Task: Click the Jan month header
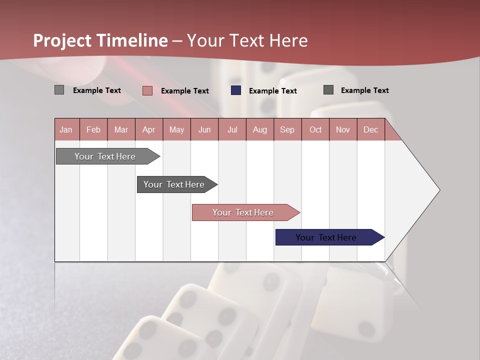(66, 129)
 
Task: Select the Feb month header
(93, 129)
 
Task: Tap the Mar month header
(121, 129)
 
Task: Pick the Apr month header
(149, 129)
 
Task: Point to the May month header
(176, 129)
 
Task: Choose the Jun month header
(204, 129)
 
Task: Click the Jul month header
(232, 129)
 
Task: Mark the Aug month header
(260, 129)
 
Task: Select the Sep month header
(287, 129)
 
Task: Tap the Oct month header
(315, 129)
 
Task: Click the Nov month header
(343, 129)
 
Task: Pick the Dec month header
(371, 129)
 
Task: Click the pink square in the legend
(147, 90)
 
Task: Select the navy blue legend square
(236, 90)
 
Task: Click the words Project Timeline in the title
(100, 40)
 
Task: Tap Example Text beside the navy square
(272, 91)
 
